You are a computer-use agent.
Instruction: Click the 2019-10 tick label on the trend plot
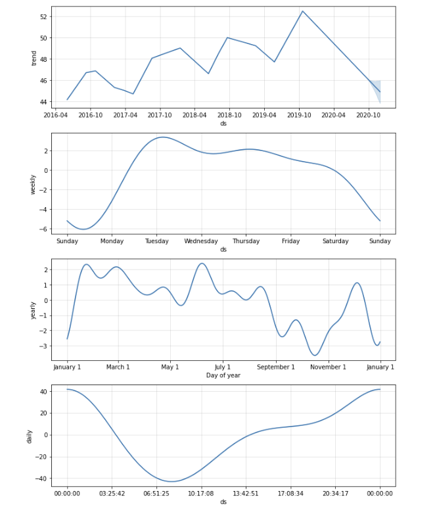click(x=299, y=114)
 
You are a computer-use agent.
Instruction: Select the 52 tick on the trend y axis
click(x=42, y=16)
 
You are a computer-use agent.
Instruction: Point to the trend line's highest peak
click(x=303, y=11)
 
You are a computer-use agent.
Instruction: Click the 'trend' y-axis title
click(x=34, y=58)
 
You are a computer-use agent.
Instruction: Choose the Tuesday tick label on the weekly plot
click(x=156, y=241)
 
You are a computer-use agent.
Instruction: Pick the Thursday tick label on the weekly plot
click(x=246, y=241)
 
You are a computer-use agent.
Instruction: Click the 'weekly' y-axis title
click(x=34, y=183)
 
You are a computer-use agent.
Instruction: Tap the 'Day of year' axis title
click(x=223, y=375)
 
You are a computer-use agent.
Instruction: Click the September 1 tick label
click(x=276, y=367)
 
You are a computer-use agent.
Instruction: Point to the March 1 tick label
click(x=118, y=367)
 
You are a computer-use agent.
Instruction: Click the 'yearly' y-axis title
click(x=34, y=310)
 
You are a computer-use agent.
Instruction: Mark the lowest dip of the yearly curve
click(x=315, y=355)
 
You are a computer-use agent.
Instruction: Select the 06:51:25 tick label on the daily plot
click(x=156, y=493)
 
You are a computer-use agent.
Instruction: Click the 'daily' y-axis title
click(x=30, y=436)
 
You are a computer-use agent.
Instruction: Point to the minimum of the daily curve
click(x=171, y=482)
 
